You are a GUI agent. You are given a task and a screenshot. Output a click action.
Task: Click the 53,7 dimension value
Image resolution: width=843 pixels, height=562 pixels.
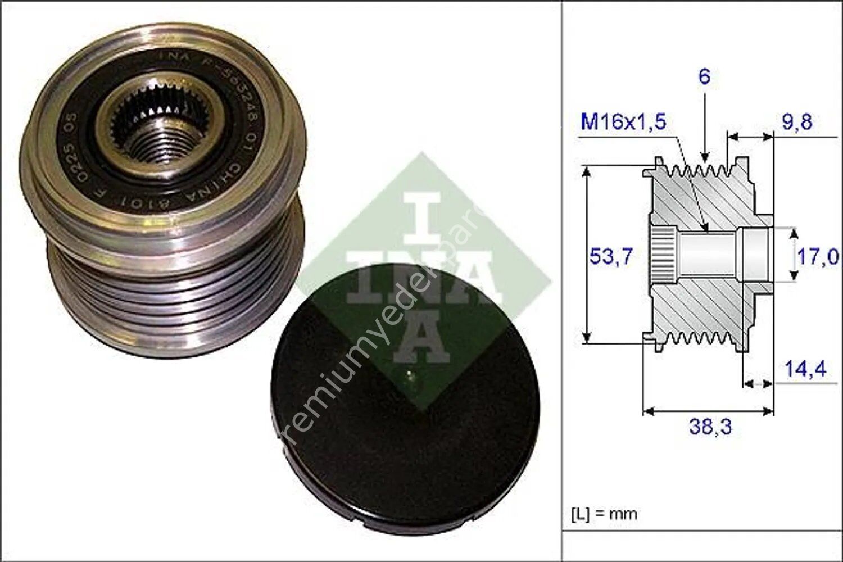(611, 256)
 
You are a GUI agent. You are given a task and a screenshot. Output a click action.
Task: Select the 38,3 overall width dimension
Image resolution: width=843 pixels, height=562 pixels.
(710, 427)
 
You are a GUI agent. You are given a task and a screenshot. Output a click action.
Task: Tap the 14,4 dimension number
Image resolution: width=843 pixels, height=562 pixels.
(805, 369)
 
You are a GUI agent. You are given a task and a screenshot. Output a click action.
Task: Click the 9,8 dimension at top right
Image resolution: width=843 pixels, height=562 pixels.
(797, 122)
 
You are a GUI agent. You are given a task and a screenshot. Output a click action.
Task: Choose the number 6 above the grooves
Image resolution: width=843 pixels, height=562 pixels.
(704, 76)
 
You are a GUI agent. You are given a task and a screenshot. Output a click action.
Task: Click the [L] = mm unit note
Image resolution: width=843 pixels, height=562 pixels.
(604, 514)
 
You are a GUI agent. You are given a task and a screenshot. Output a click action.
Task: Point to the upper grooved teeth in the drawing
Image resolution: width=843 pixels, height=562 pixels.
(697, 169)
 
